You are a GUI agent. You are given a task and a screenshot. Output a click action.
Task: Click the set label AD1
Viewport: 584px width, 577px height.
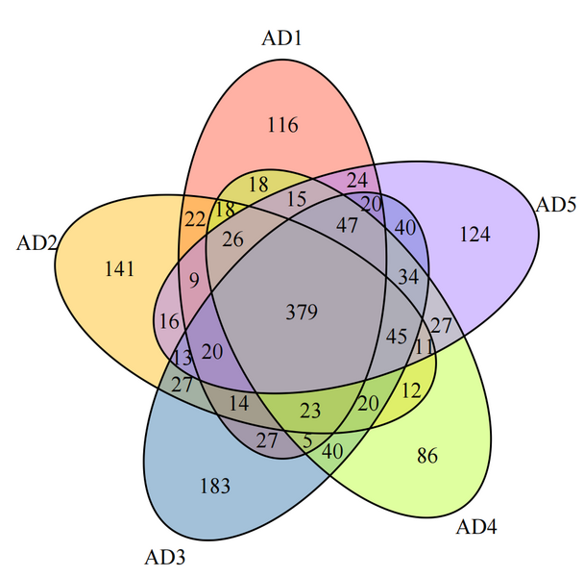point(282,38)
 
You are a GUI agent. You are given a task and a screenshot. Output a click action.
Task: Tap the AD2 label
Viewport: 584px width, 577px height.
point(37,242)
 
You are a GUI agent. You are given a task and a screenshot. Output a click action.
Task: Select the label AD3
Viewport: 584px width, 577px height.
point(164,557)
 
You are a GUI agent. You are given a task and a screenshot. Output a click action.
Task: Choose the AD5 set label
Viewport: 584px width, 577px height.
point(554,204)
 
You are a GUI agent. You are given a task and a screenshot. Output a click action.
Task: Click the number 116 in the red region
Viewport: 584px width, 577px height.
point(282,125)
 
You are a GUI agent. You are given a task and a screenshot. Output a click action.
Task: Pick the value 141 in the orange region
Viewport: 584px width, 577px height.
point(119,269)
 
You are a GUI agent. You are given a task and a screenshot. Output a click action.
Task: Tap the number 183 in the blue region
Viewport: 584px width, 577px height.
point(214,486)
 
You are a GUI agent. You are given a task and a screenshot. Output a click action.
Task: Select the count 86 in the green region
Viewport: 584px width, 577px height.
point(428,455)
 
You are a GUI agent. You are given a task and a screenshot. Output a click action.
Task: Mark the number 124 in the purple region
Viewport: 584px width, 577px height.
point(475,234)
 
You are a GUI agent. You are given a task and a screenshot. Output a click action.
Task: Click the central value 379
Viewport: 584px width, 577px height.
point(302,312)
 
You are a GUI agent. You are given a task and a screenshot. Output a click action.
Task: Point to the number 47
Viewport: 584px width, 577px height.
point(347,224)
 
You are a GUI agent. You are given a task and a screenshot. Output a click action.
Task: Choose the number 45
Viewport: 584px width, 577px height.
point(396,338)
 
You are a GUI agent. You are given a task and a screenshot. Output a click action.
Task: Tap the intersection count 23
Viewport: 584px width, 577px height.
point(310,411)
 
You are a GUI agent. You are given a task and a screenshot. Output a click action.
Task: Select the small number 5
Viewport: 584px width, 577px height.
point(307,442)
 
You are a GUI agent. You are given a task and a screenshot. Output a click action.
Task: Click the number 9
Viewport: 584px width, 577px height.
point(195,282)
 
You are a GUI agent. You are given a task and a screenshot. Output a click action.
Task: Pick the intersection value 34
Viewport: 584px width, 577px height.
point(408,278)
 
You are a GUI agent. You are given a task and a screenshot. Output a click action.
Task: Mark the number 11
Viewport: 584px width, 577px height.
point(425,345)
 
